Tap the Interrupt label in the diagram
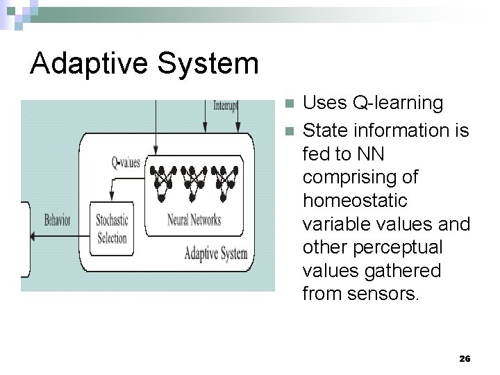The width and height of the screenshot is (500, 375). pos(225,106)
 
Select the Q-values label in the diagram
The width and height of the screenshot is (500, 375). pos(126,162)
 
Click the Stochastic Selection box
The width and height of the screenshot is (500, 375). pos(112,228)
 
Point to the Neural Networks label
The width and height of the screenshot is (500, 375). pos(194,220)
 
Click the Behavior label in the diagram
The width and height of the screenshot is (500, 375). pos(57,221)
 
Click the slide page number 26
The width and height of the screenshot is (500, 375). pos(465,358)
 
